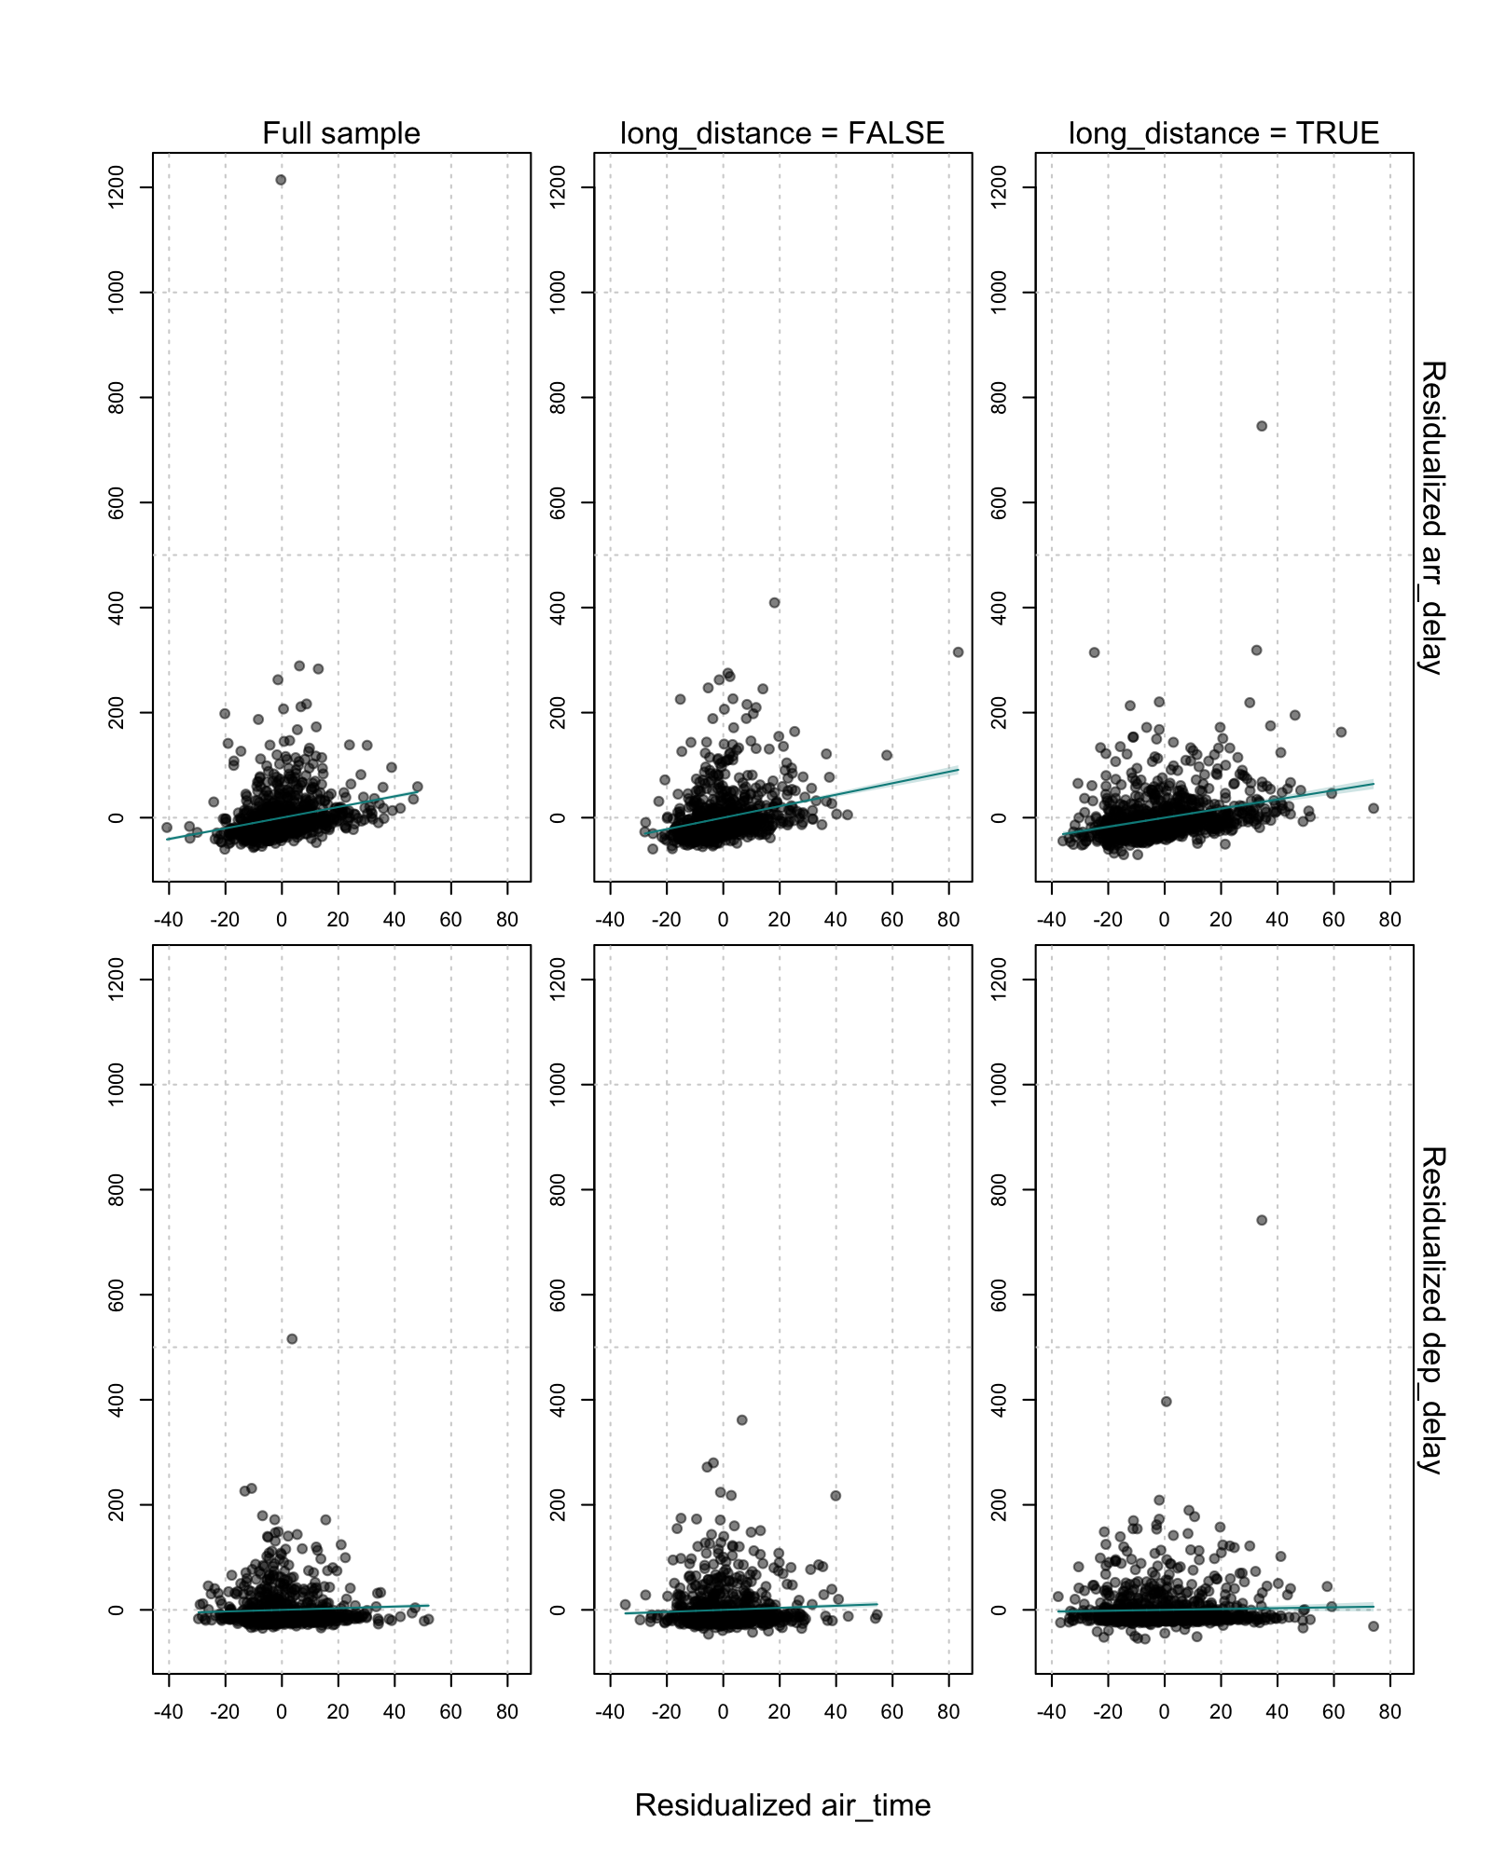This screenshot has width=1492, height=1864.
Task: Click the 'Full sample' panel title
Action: (x=340, y=133)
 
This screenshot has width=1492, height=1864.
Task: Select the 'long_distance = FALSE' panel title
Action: (x=781, y=133)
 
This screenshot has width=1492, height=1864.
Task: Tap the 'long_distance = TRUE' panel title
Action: (x=1223, y=133)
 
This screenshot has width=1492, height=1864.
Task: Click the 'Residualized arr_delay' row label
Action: (x=1431, y=517)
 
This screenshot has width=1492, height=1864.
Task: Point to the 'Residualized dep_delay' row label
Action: (x=1431, y=1309)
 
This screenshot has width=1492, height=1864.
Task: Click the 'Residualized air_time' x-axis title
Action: (x=782, y=1805)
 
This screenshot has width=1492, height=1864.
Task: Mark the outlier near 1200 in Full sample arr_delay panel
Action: (x=281, y=180)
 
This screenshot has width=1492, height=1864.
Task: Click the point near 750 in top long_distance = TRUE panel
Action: (x=1262, y=426)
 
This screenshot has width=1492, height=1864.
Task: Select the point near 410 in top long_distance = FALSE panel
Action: (x=774, y=603)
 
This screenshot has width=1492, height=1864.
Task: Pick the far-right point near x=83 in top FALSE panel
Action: (x=958, y=652)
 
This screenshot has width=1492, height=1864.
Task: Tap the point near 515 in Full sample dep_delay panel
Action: (x=292, y=1338)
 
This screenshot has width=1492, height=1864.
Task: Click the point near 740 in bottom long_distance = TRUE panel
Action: (x=1262, y=1220)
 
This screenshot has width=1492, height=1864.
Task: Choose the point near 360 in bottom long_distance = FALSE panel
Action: (x=742, y=1419)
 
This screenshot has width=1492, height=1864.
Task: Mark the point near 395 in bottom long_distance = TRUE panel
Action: (x=1166, y=1401)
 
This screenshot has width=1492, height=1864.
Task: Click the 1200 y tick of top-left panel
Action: (x=117, y=186)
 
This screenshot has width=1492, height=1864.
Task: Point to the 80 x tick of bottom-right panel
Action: (x=1389, y=1712)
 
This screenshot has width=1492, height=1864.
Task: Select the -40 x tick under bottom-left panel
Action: (x=169, y=1712)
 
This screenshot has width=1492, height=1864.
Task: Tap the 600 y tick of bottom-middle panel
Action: (x=558, y=1295)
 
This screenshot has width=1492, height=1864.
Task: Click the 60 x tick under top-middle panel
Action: (x=892, y=920)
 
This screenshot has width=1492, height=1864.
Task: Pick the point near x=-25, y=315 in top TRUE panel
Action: (x=1094, y=652)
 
